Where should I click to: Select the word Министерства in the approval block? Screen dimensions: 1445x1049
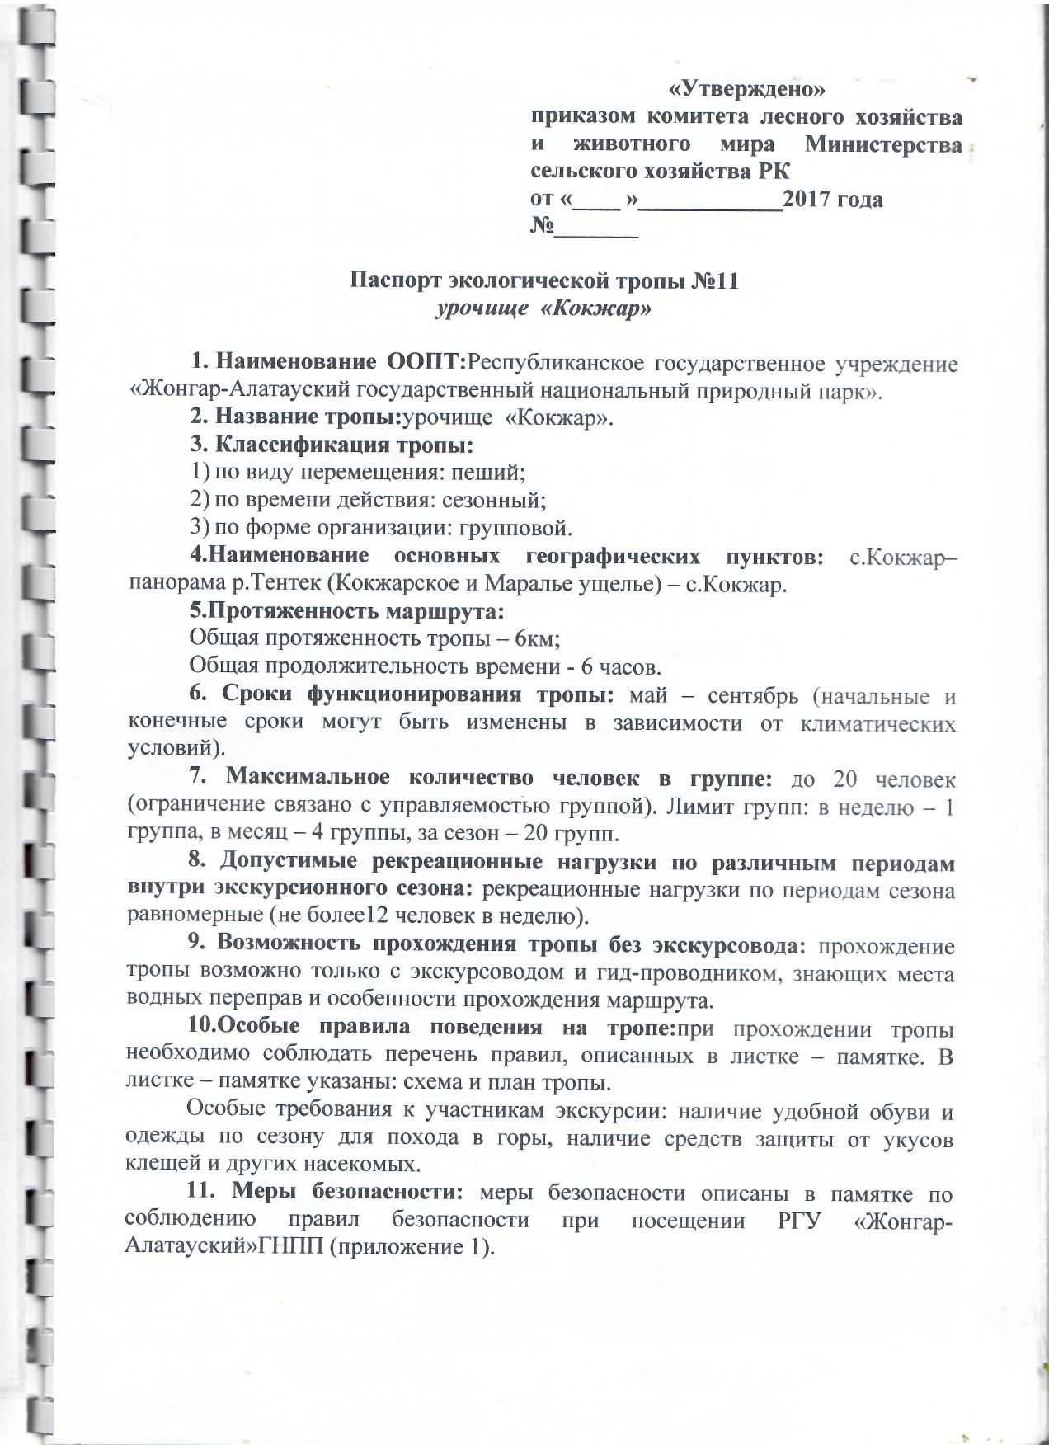[x=883, y=144]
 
